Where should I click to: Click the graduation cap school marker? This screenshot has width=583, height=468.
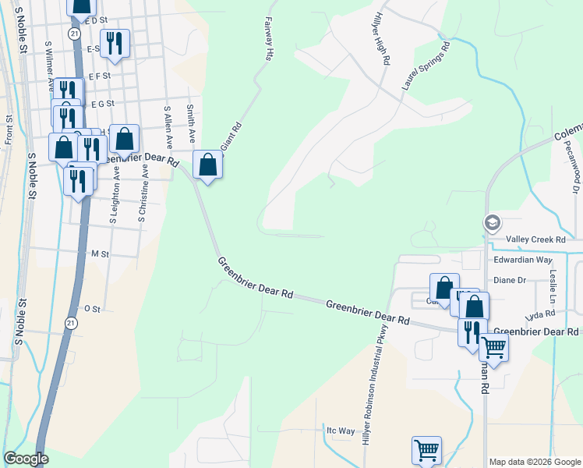click(492, 223)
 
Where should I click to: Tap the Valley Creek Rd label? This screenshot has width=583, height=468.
click(533, 239)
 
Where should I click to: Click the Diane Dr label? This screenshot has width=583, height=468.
click(511, 279)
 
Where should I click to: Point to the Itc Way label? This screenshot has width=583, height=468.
click(340, 430)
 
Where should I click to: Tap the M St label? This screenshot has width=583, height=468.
click(100, 254)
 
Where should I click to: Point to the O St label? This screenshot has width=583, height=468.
click(93, 309)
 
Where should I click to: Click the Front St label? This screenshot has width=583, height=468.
click(9, 129)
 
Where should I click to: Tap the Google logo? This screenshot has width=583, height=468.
click(26, 459)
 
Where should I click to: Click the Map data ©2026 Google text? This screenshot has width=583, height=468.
click(535, 462)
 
